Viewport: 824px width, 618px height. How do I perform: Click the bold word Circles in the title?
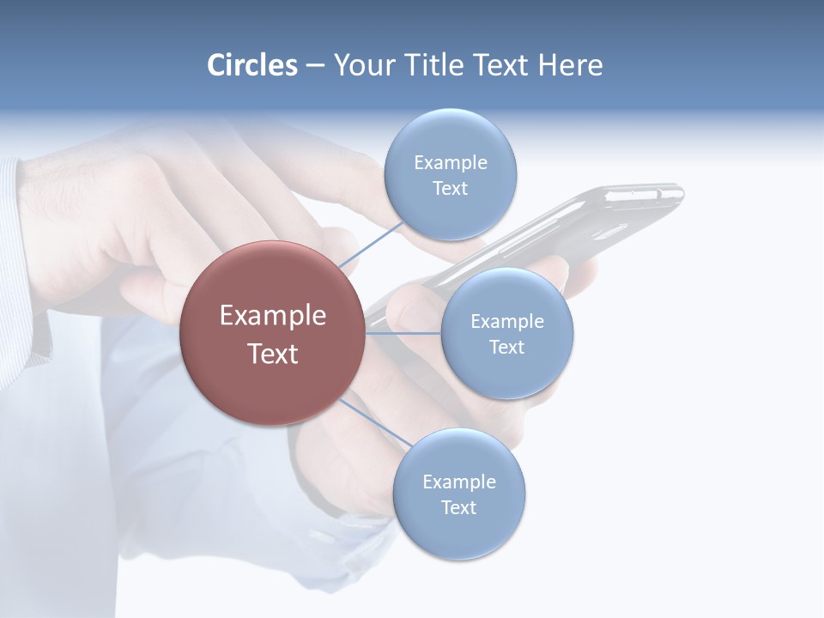(x=252, y=65)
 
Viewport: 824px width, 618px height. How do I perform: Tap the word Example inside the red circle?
(x=273, y=316)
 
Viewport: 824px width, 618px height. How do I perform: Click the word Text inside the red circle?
(x=273, y=354)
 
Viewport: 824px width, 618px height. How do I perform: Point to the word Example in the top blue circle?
(x=450, y=163)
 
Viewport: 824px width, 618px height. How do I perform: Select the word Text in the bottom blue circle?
(x=458, y=507)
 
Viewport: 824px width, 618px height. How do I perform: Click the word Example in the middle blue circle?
(x=506, y=322)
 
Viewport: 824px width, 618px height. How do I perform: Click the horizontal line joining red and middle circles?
(x=403, y=333)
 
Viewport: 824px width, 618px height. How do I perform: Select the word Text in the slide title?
(x=500, y=65)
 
